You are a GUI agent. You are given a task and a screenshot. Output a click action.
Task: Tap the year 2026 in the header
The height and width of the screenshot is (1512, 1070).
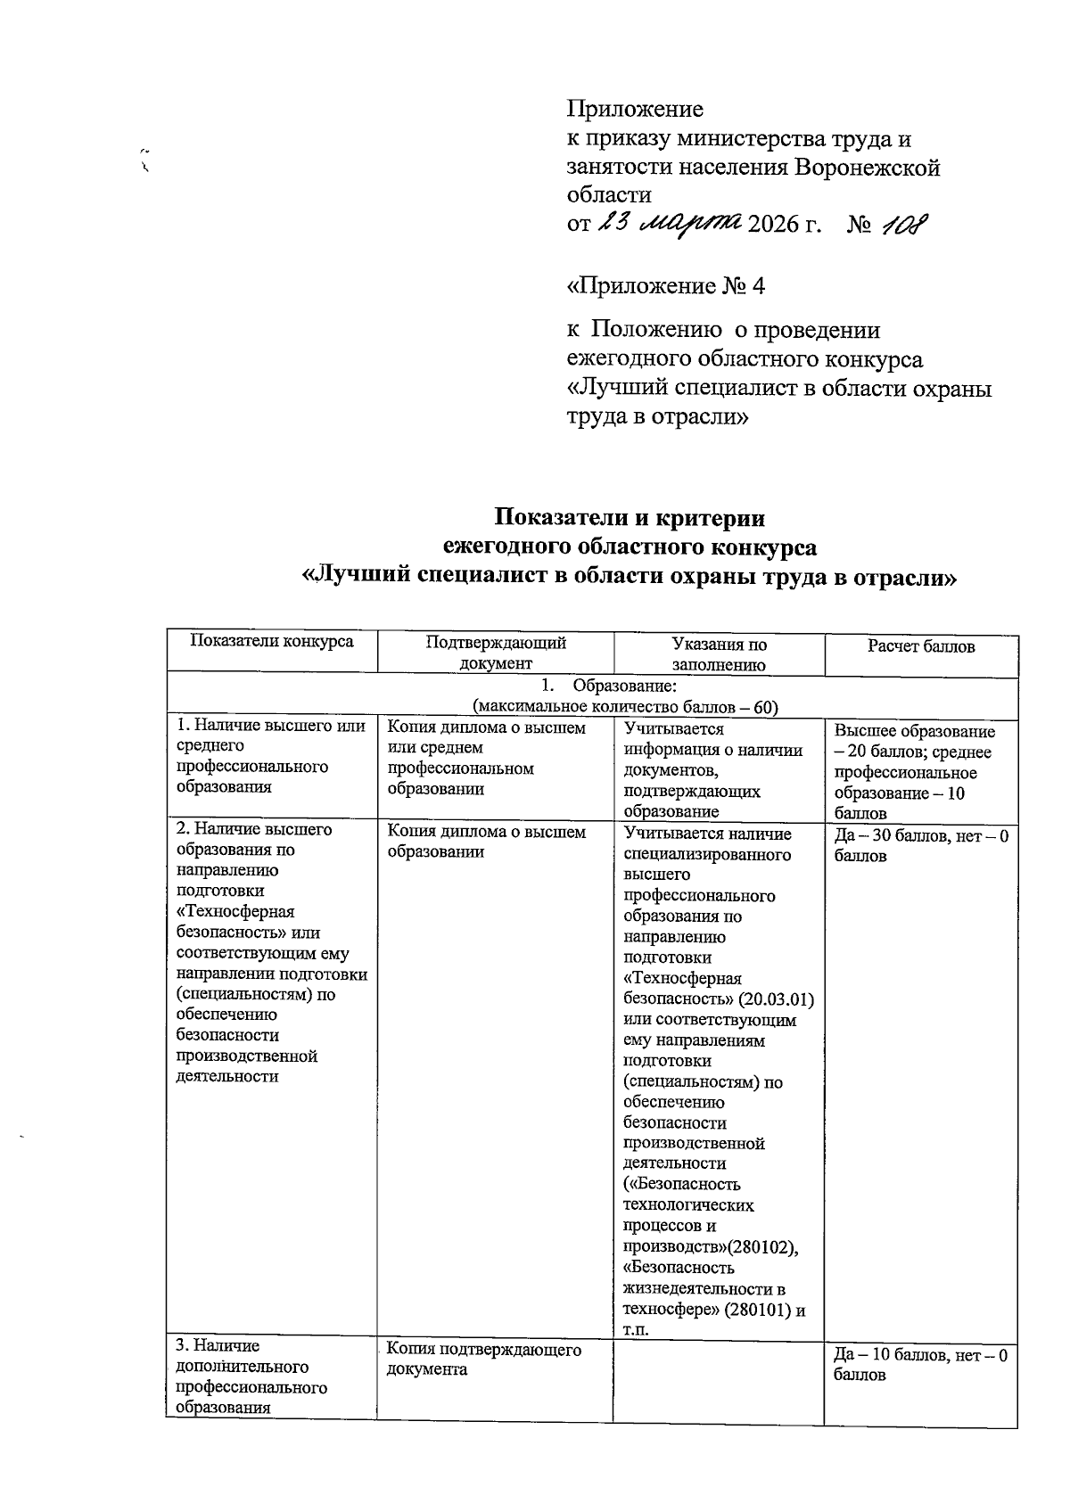click(776, 225)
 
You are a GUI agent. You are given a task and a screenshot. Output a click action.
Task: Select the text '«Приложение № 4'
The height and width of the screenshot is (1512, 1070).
click(666, 286)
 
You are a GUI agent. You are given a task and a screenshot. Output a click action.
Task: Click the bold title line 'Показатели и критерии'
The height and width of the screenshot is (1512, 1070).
click(630, 517)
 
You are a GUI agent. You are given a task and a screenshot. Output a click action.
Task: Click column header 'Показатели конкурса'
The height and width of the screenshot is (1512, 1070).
click(271, 641)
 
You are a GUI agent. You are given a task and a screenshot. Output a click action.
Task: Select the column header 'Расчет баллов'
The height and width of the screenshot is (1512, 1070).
click(921, 646)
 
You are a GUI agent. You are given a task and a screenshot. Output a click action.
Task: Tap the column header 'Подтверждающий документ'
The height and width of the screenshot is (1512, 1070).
click(495, 652)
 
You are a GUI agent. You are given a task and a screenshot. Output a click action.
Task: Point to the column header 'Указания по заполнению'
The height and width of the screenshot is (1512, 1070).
click(719, 653)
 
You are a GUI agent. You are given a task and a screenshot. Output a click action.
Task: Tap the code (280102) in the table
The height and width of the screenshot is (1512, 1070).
click(762, 1246)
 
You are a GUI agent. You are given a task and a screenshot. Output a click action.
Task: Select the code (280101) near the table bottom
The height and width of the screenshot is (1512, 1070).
click(756, 1310)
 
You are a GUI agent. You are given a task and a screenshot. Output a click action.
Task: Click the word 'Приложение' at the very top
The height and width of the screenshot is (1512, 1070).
click(636, 109)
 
